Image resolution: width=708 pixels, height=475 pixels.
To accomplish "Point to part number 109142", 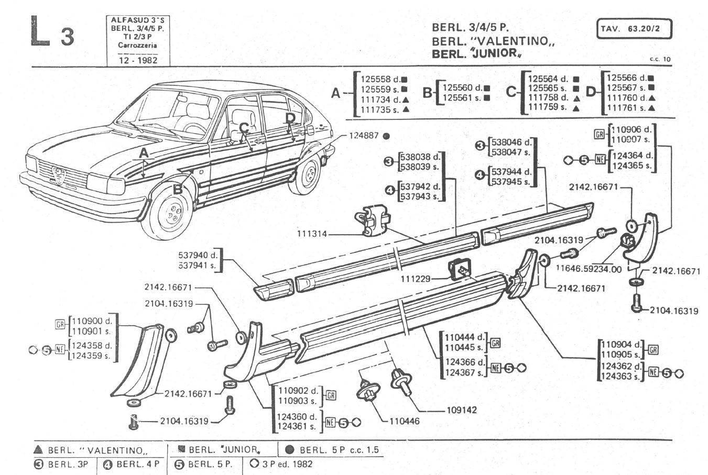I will tap(461, 410).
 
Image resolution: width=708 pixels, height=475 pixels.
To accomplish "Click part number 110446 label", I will tap(404, 420).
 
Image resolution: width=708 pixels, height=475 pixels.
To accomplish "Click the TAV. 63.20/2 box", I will tap(634, 29).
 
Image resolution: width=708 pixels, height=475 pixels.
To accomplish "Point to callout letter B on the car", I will tap(178, 189).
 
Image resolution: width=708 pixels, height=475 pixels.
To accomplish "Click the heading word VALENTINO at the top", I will tap(510, 41).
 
